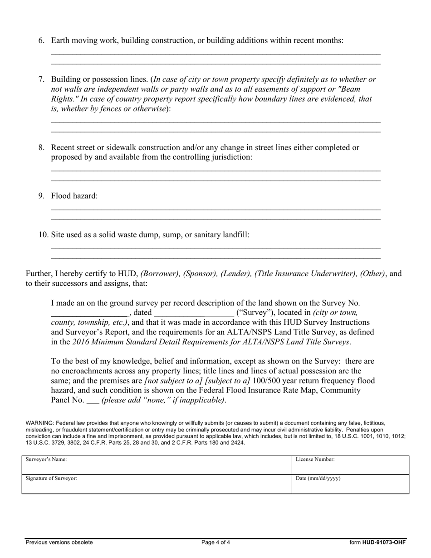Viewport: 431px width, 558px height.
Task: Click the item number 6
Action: pyautogui.click(x=41, y=40)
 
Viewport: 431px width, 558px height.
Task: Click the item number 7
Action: pyautogui.click(x=41, y=79)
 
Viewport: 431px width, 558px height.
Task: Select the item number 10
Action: pyautogui.click(x=43, y=235)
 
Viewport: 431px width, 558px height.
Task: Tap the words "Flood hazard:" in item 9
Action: pyautogui.click(x=74, y=196)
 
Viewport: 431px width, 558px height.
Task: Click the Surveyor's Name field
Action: pyautogui.click(x=157, y=465)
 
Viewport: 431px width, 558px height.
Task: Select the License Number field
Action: pyautogui.click(x=350, y=465)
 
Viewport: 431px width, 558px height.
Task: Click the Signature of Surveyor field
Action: pyautogui.click(x=157, y=484)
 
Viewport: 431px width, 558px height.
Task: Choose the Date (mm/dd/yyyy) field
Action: pyautogui.click(x=350, y=484)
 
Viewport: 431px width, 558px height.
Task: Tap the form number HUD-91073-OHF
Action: pyautogui.click(x=384, y=542)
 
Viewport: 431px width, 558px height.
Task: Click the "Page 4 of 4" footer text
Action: pyautogui.click(x=216, y=542)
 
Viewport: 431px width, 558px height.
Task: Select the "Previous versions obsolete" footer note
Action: pyautogui.click(x=59, y=542)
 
